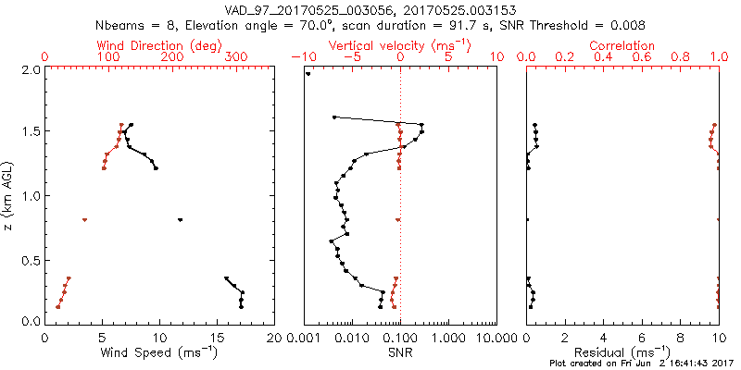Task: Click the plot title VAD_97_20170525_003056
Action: coord(370,9)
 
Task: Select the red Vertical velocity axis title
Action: coord(399,45)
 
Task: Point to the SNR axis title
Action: coord(400,352)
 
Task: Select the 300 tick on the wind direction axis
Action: coord(236,58)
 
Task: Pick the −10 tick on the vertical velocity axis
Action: coord(303,58)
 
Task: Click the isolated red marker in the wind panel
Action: coord(84,220)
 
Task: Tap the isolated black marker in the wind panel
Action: coord(180,220)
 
